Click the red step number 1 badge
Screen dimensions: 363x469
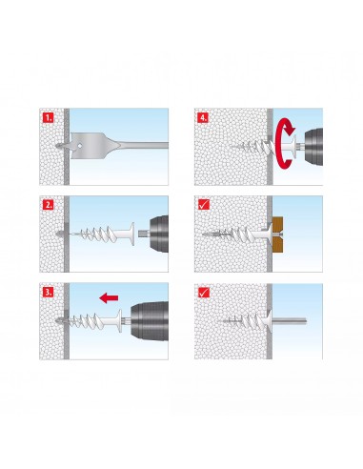[48, 118]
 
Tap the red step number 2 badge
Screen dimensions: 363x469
[48, 205]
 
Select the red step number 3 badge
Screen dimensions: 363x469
[48, 292]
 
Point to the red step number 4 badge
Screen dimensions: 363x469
[203, 118]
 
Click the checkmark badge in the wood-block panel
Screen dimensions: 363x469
[203, 205]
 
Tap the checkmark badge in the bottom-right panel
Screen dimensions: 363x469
[203, 292]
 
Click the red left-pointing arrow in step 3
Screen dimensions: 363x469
[109, 298]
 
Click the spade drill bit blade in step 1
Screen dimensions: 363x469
[92, 146]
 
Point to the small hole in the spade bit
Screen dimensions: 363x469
[79, 146]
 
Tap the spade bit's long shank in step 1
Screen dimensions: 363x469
[145, 146]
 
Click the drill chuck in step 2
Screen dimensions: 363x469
[158, 234]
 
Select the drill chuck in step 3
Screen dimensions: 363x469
[150, 321]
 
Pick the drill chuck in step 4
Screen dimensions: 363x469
[313, 147]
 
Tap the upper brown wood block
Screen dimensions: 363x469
[278, 224]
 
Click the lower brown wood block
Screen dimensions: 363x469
[278, 243]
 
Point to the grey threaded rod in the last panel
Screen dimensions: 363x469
[289, 320]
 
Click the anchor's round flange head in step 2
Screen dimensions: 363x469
[132, 234]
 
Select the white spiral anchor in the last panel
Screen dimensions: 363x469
[246, 321]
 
